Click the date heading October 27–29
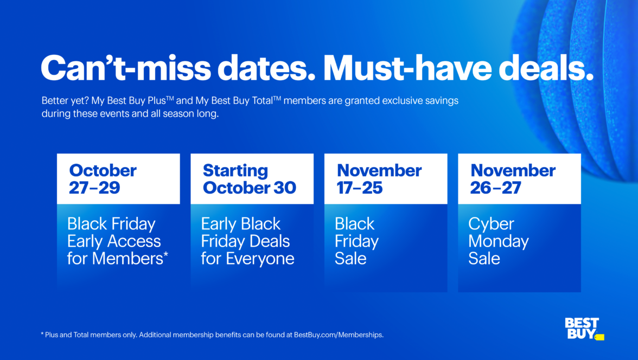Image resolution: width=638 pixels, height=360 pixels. point(103,179)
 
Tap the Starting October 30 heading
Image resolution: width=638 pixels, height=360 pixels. point(249,179)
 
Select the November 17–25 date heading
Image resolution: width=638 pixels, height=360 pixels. point(379,179)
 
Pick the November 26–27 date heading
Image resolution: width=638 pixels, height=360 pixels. point(513,179)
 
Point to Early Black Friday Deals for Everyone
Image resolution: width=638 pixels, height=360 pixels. point(247,241)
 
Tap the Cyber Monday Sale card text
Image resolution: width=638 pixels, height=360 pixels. point(498,241)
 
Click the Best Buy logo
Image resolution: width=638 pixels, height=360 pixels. point(583,328)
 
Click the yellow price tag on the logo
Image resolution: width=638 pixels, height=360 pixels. point(599,337)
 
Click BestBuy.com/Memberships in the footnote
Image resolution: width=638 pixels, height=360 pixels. point(339,335)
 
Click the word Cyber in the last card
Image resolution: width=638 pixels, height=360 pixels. point(492,224)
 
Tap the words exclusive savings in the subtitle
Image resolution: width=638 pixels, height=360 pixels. point(427,101)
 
